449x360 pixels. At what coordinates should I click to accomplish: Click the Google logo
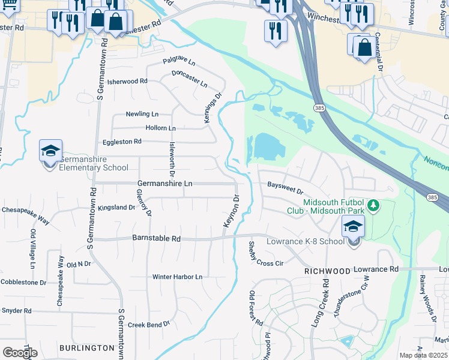click(20, 352)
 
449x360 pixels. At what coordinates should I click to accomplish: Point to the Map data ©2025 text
click(424, 355)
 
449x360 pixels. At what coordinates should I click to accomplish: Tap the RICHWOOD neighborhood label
click(327, 271)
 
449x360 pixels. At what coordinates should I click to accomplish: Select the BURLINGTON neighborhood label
click(87, 348)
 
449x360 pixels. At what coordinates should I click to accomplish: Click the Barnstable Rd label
click(157, 238)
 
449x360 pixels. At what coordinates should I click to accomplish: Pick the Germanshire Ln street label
click(165, 183)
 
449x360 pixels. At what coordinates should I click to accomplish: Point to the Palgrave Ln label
click(179, 62)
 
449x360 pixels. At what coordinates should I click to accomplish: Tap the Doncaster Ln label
click(189, 78)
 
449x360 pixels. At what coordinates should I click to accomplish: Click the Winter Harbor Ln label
click(177, 277)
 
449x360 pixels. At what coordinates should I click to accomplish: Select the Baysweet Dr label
click(285, 188)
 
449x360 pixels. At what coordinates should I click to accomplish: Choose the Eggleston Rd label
click(122, 142)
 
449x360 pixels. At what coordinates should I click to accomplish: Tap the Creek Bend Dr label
click(149, 323)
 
